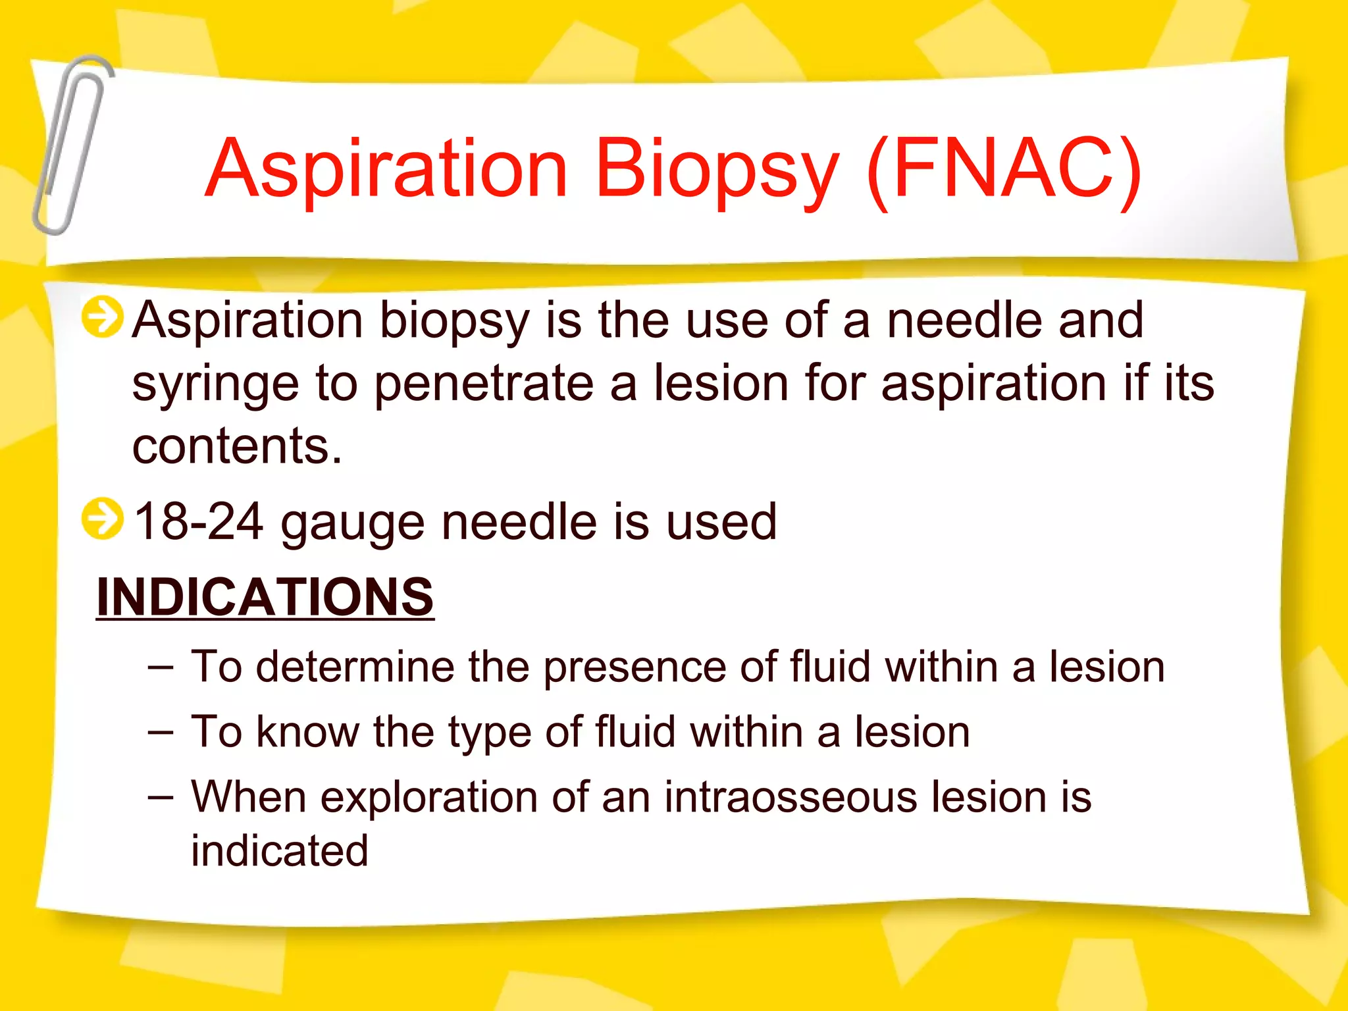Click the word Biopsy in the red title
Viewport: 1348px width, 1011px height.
click(x=717, y=170)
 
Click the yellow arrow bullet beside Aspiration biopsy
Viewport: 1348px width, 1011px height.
click(x=102, y=317)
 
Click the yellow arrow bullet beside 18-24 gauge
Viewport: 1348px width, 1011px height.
click(x=102, y=519)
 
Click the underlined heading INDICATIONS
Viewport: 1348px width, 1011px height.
click(x=265, y=596)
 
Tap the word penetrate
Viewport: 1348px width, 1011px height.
click(x=484, y=384)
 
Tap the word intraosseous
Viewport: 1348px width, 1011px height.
click(x=791, y=797)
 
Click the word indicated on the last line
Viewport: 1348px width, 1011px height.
click(x=280, y=850)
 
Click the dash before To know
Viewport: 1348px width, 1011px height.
click(x=161, y=732)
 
